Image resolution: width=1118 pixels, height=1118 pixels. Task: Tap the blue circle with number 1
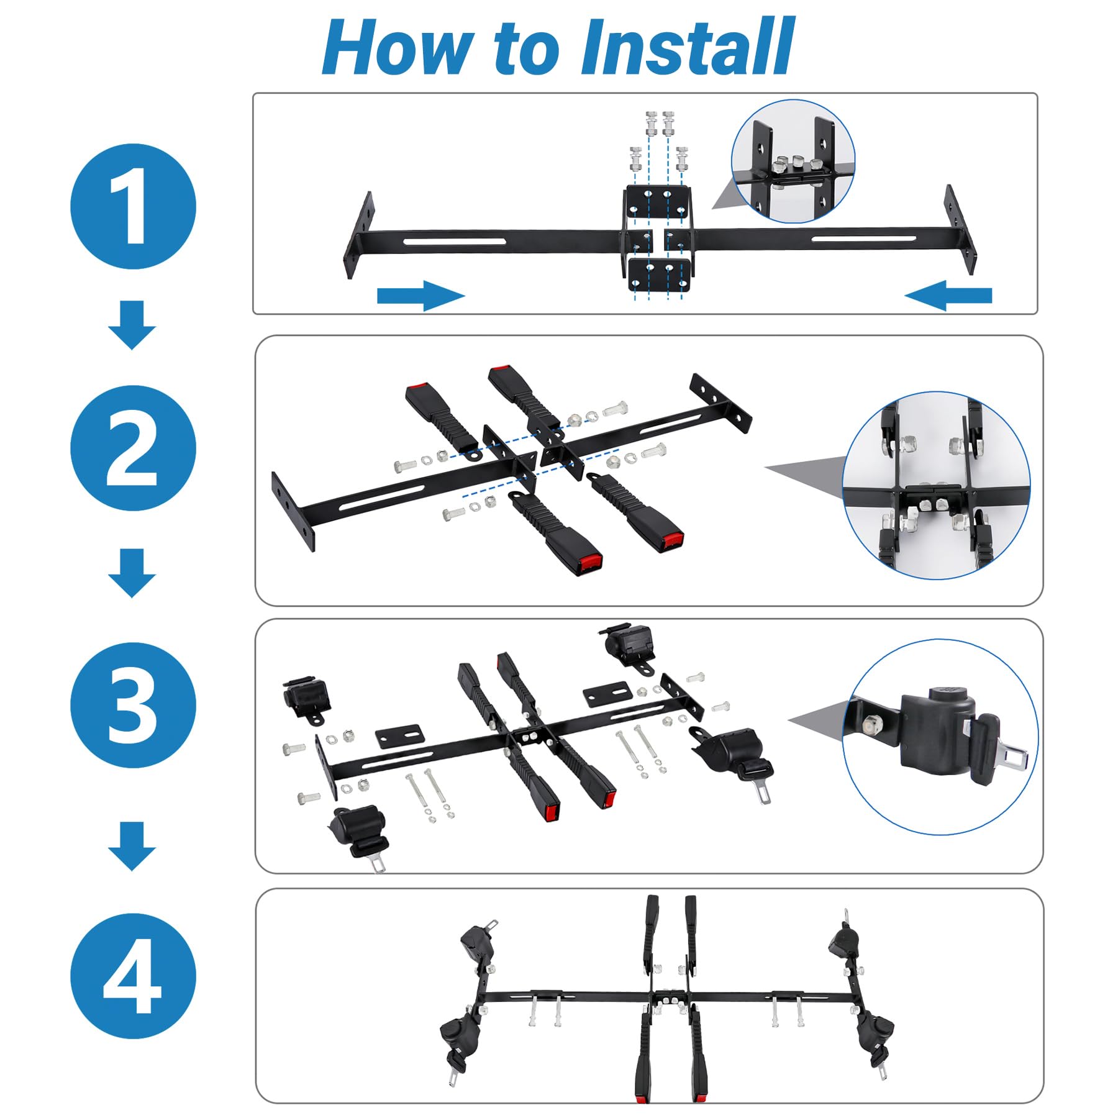coord(133,206)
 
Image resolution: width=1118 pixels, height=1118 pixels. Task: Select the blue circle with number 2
coord(133,448)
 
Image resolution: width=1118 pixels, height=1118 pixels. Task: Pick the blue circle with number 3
coord(133,705)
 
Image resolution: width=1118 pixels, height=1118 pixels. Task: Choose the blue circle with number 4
coord(133,976)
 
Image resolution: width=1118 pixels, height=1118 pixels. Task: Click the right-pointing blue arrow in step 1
coord(421,295)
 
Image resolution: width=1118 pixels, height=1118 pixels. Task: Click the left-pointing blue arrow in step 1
coord(948,295)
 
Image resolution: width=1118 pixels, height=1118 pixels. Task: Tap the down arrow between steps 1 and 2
coord(132,325)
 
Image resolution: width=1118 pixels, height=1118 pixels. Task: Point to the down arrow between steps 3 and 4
coord(132,846)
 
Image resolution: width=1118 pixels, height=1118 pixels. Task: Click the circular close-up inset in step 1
coord(793,161)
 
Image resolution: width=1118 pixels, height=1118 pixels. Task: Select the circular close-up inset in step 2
coord(936,485)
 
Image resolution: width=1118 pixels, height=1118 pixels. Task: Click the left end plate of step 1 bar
coord(359,235)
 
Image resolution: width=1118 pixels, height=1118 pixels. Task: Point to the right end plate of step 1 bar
coord(960,229)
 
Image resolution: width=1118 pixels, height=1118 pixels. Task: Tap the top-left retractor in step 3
coord(306,698)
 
